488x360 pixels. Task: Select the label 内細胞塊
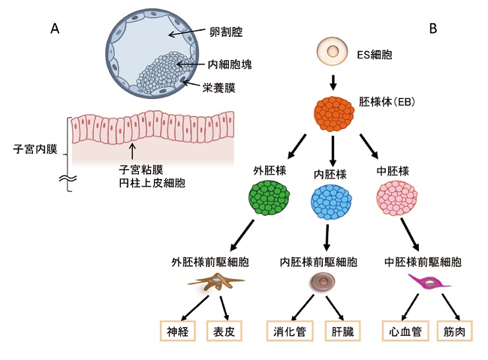(x=230, y=65)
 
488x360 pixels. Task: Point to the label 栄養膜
(x=221, y=87)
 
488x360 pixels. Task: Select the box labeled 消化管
(x=290, y=331)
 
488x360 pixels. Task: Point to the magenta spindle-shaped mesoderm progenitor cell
(x=428, y=283)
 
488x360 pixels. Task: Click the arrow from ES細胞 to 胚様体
(x=333, y=79)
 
